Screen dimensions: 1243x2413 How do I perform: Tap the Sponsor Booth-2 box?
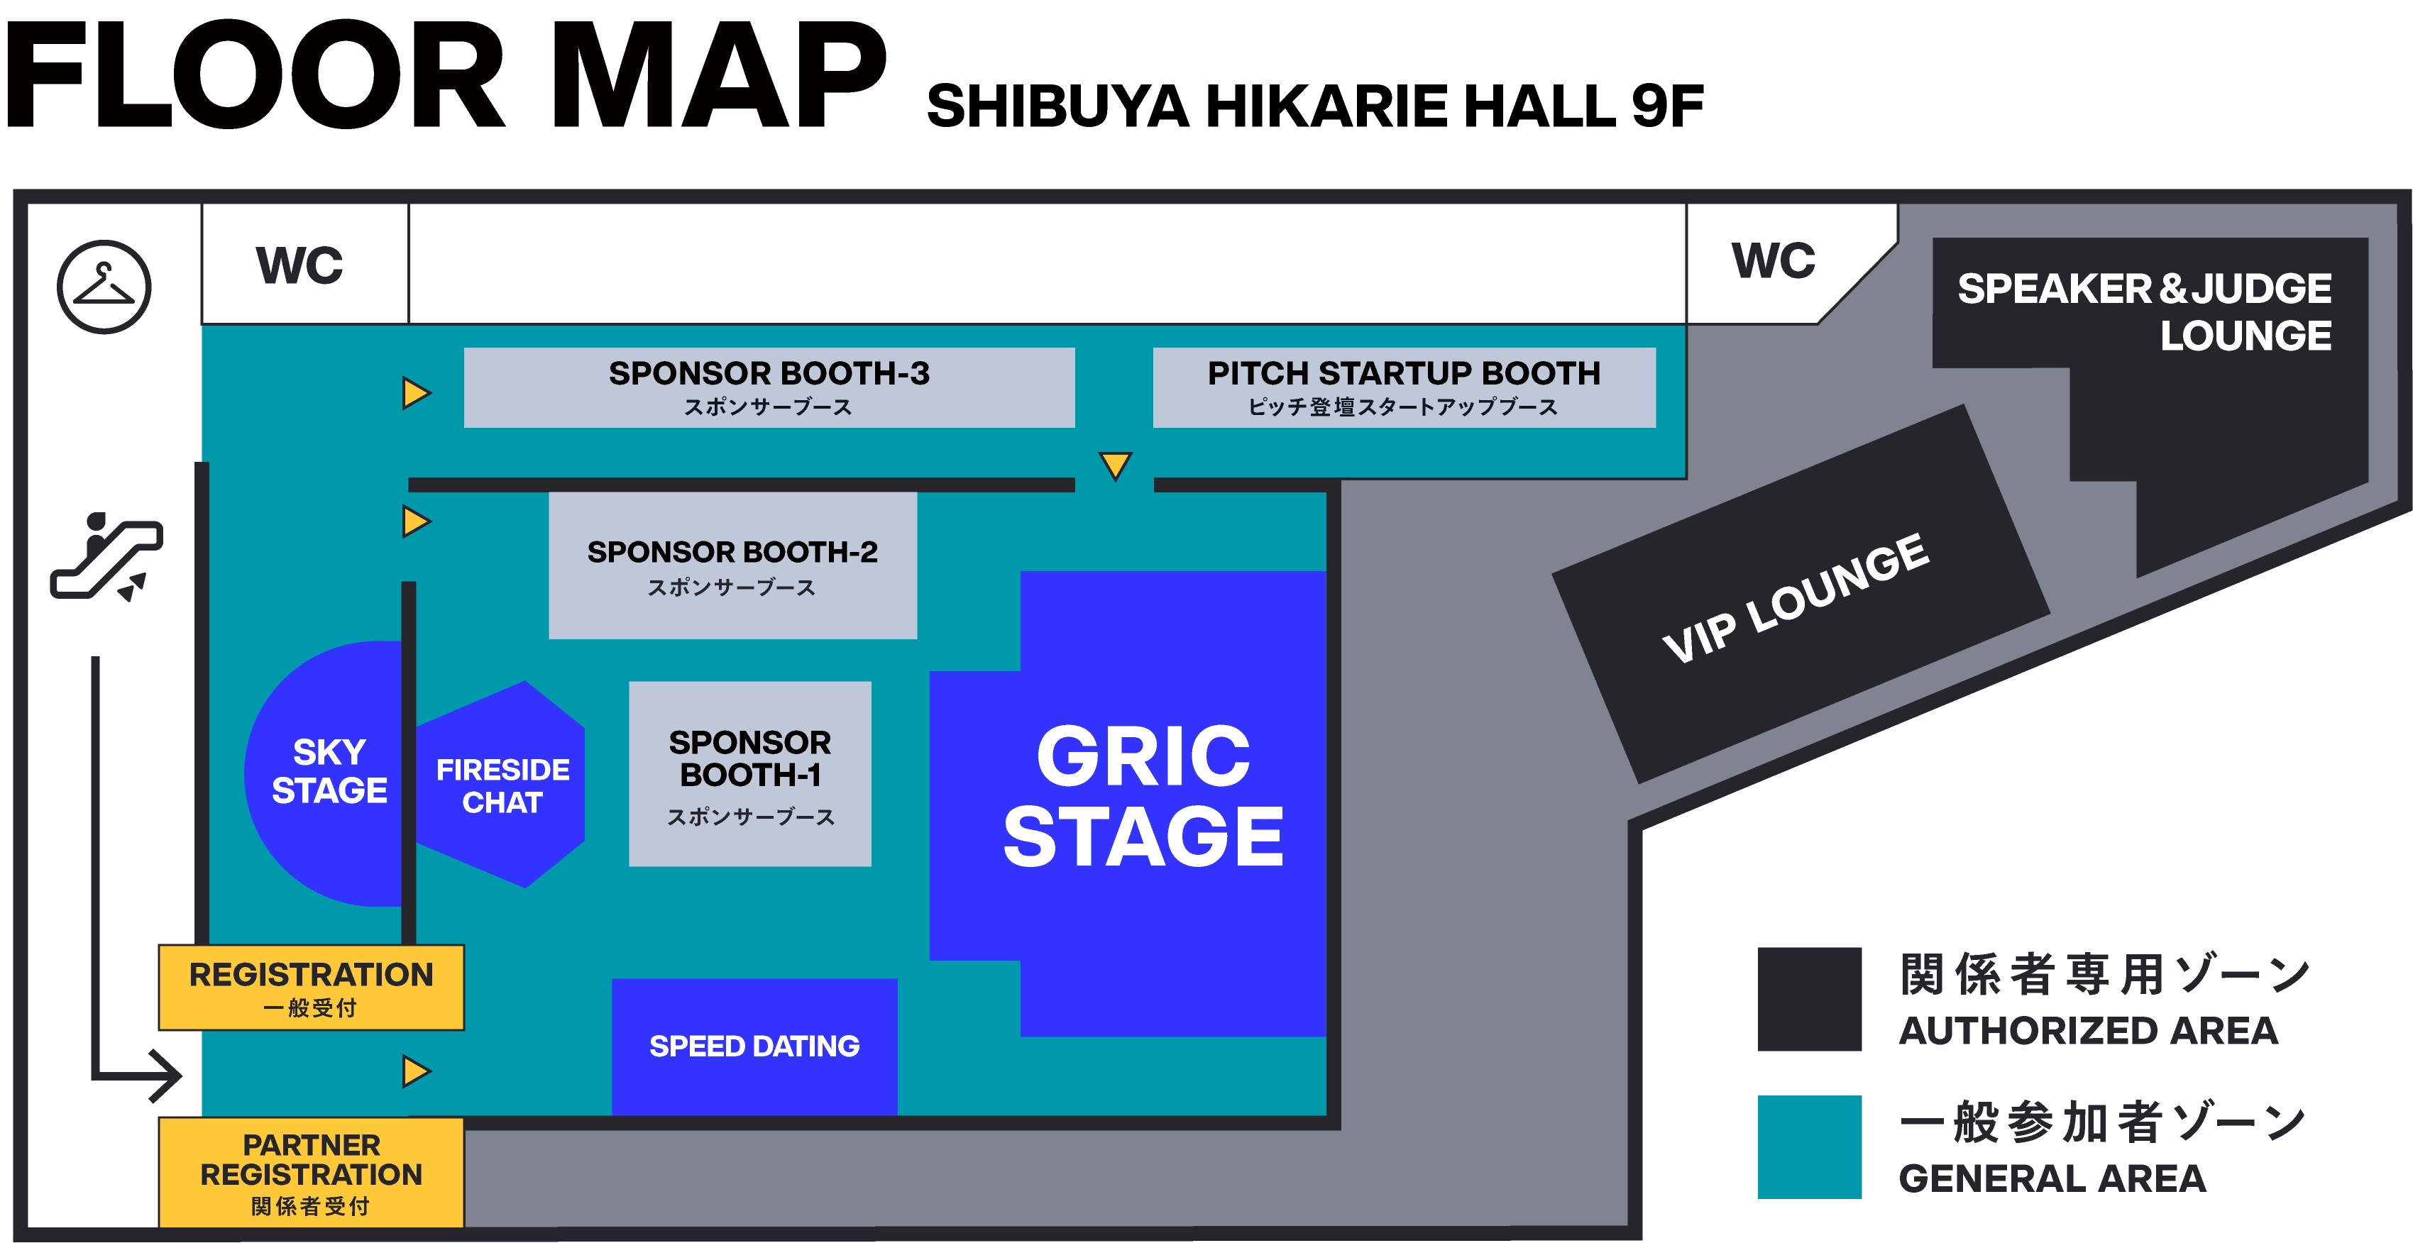pos(732,565)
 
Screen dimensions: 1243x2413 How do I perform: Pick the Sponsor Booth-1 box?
pos(749,774)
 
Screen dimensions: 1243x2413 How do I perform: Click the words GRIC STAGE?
pos(1143,796)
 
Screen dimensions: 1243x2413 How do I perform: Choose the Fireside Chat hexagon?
pos(502,785)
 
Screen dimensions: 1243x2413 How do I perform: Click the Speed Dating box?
pos(754,1045)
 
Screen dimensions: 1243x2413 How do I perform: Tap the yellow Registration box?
pos(311,988)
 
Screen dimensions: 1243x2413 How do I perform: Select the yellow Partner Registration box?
pos(311,1172)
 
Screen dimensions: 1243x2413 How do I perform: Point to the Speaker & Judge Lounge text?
pos(2145,311)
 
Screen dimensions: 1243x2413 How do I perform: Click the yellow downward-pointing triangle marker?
pos(1115,465)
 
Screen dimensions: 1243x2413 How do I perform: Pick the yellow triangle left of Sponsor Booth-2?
pos(415,521)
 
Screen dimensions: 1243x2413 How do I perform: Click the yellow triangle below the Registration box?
pos(415,1071)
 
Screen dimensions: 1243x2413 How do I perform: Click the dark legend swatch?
pos(1807,998)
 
